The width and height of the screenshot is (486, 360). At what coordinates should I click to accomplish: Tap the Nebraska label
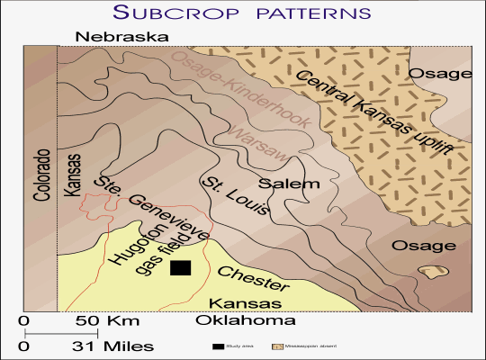122,37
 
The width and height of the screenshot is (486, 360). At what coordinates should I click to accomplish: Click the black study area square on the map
181,268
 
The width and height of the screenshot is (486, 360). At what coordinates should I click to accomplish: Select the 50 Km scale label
99,321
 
